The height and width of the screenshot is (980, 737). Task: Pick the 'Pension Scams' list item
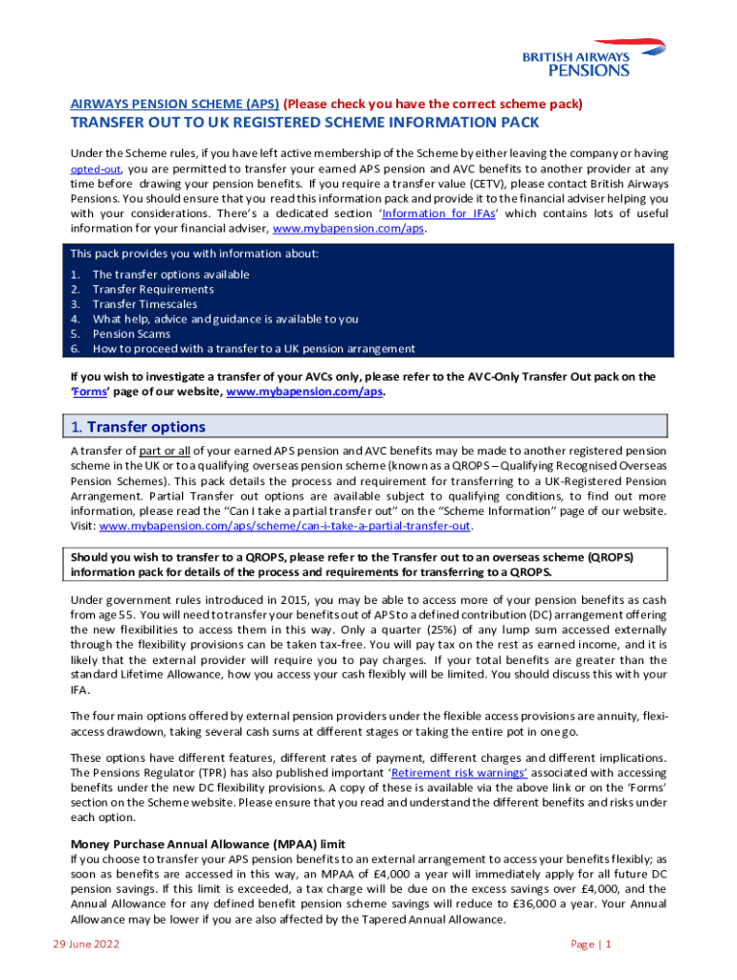pyautogui.click(x=131, y=334)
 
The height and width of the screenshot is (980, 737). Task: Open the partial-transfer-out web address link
pyautogui.click(x=285, y=525)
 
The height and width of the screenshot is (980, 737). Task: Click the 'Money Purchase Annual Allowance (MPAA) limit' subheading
pyautogui.click(x=208, y=844)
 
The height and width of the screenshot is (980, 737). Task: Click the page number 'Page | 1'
pyautogui.click(x=591, y=944)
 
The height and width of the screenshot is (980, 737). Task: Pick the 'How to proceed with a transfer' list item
pyautogui.click(x=254, y=348)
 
